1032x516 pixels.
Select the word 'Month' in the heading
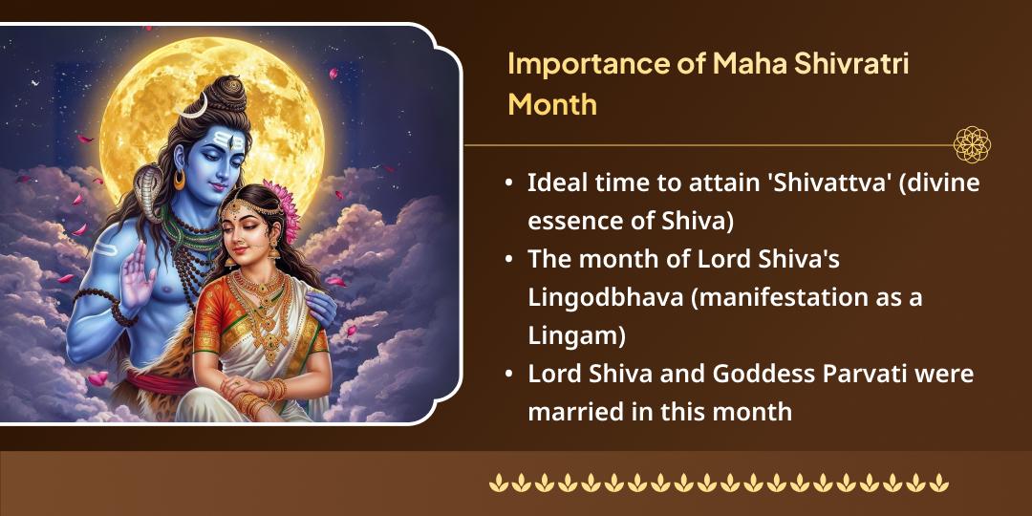(x=552, y=103)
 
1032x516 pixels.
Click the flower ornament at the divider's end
(x=972, y=145)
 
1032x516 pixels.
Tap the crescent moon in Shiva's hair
(x=194, y=106)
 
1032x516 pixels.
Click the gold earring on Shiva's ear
(x=180, y=180)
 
